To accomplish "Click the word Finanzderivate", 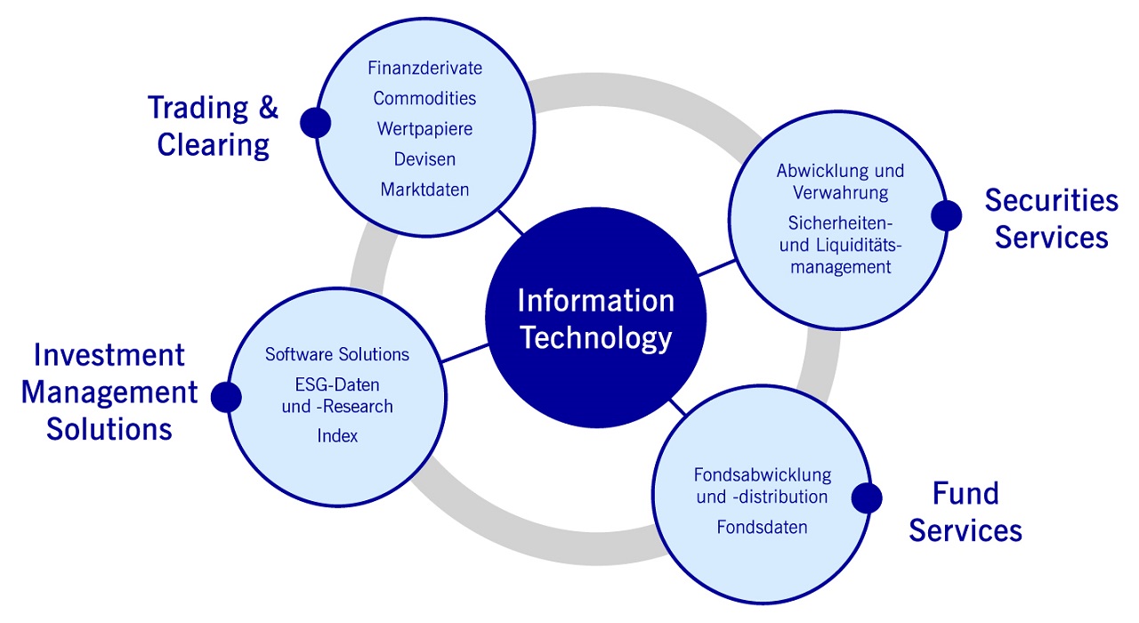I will point(424,68).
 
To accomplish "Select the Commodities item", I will point(424,98).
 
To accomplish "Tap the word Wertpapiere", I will point(424,129).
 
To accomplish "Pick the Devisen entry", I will point(424,159).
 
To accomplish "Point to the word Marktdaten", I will point(424,190).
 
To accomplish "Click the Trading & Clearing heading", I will point(214,125).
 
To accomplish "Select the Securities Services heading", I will point(1051,219).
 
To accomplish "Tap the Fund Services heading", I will point(965,512).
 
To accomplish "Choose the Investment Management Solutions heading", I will point(109,392).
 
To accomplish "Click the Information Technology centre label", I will point(595,320).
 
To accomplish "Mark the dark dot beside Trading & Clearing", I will point(315,123).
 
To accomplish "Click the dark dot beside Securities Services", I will point(946,214).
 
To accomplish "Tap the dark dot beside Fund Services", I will point(866,498).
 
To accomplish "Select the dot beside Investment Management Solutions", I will point(226,397).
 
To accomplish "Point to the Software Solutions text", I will point(337,355).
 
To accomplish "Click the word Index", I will point(337,436).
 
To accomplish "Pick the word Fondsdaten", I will point(762,527).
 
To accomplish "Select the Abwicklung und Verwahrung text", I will point(840,182).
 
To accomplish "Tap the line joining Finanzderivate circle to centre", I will point(511,223).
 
